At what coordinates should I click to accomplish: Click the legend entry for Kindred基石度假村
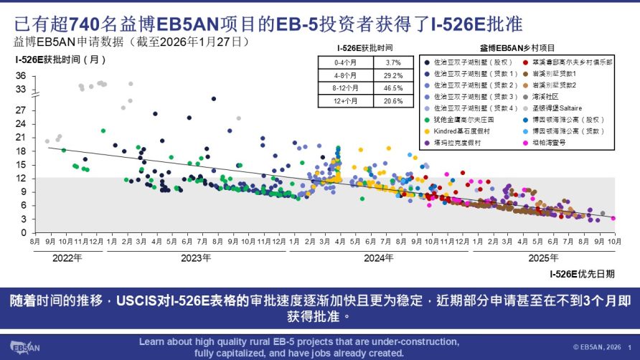click(x=463, y=131)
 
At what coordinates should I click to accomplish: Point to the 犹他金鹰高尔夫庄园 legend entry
click(x=465, y=120)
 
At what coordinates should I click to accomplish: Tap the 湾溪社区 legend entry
click(x=547, y=97)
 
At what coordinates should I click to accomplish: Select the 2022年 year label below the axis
click(x=67, y=257)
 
